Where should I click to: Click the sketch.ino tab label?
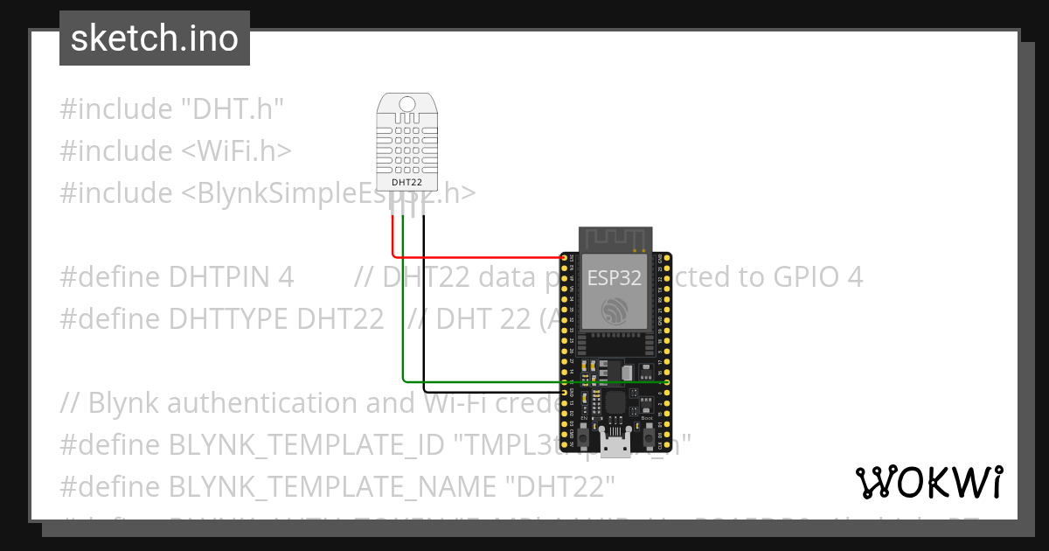coord(154,38)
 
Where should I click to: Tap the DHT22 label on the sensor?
coord(407,182)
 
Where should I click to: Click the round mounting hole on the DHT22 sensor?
coord(407,104)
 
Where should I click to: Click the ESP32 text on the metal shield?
coord(614,278)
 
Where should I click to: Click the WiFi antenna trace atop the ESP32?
coord(614,238)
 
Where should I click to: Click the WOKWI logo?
coord(929,481)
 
